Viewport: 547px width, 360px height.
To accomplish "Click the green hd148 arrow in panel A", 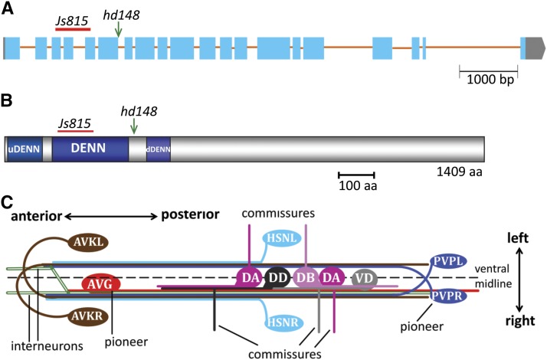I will (118, 29).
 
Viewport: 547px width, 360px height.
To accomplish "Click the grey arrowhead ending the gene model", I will (533, 47).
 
